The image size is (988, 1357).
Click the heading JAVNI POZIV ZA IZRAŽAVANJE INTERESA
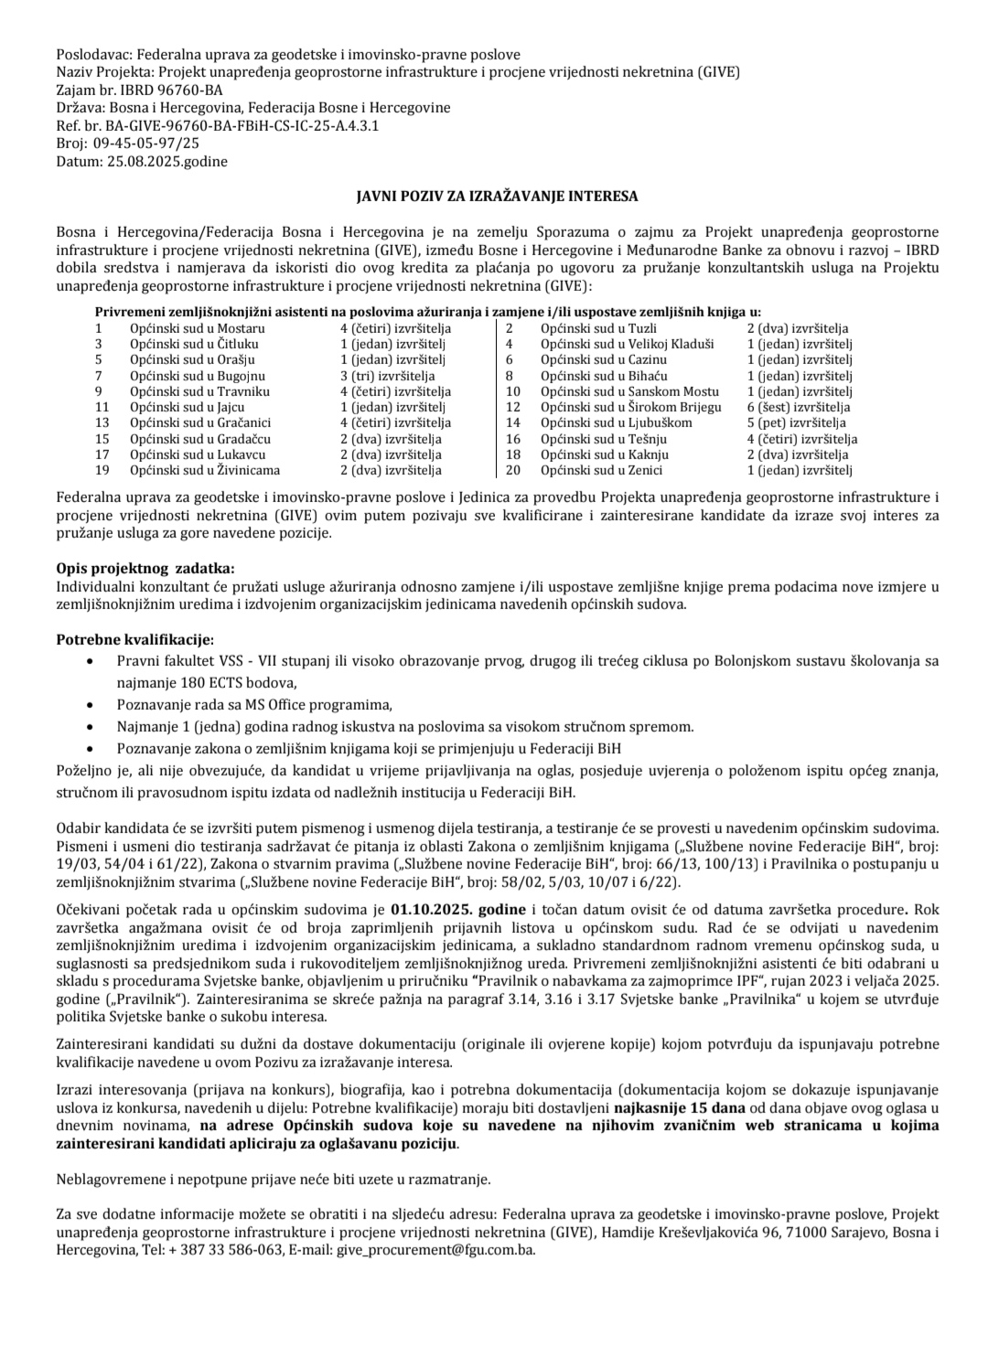coord(497,197)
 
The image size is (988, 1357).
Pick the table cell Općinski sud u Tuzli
coord(598,328)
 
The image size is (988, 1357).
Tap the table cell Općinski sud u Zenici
coord(601,470)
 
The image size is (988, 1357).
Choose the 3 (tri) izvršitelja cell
coord(387,376)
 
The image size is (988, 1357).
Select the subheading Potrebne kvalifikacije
coord(135,639)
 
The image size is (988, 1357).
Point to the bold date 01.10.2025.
coord(424,910)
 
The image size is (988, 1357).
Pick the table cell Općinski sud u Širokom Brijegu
coord(630,407)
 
